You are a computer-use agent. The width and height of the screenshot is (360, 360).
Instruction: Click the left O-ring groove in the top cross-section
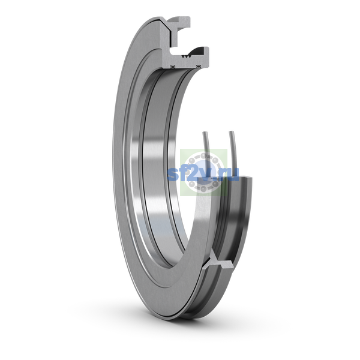coord(173,67)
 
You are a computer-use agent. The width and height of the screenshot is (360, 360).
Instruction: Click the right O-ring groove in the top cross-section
coord(199,67)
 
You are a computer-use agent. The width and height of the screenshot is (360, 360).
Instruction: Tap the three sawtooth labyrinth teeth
coord(185,56)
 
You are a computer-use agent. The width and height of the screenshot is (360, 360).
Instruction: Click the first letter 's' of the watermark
coord(172,175)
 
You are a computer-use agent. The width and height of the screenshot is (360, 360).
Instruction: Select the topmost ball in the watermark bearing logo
coord(203,156)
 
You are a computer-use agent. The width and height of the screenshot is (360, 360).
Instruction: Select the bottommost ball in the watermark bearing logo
coord(203,189)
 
